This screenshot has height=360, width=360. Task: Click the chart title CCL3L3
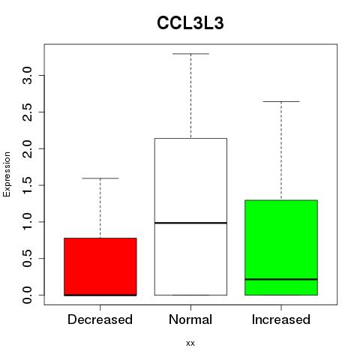click(190, 23)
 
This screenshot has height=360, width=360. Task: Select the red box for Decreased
click(100, 267)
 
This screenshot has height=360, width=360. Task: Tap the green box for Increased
click(281, 247)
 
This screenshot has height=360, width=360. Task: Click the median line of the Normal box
click(190, 223)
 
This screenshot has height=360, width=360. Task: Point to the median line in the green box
click(281, 279)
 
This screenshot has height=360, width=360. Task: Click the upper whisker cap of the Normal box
click(190, 54)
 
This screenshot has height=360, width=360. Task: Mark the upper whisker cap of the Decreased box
click(100, 178)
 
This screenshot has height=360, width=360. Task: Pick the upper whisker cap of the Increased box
click(281, 101)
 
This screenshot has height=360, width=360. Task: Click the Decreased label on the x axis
click(100, 319)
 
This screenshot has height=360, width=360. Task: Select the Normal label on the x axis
click(190, 319)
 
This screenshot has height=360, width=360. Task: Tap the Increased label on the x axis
click(281, 319)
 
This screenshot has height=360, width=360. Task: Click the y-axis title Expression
click(7, 174)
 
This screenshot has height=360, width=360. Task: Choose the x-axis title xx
click(190, 343)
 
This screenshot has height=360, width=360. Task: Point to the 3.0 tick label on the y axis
click(27, 76)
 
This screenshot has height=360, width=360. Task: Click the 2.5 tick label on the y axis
click(27, 112)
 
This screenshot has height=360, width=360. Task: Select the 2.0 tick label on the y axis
click(27, 148)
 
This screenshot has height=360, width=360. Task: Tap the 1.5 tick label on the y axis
click(27, 185)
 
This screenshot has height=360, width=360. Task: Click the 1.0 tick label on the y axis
click(27, 222)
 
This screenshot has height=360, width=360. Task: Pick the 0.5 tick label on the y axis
click(27, 258)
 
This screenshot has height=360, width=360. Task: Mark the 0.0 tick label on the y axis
click(27, 295)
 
